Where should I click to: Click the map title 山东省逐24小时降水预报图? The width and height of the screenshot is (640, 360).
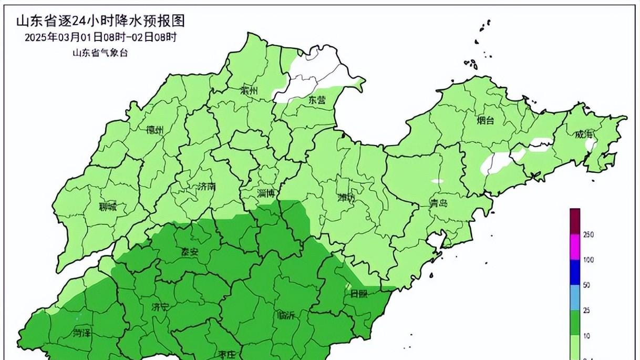click(101, 22)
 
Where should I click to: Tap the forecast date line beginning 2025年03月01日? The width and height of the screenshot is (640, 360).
click(100, 37)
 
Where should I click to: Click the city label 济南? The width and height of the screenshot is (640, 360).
click(207, 187)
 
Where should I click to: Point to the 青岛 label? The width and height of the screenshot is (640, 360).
click(438, 203)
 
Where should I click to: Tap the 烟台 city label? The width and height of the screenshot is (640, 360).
click(485, 120)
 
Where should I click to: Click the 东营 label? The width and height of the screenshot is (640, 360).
click(317, 99)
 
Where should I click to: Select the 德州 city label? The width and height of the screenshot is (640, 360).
click(156, 130)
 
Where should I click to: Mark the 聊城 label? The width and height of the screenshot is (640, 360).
click(108, 207)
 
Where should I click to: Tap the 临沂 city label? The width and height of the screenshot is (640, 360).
click(286, 315)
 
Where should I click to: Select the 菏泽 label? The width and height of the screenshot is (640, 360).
click(82, 332)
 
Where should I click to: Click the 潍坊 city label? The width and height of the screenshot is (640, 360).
click(347, 198)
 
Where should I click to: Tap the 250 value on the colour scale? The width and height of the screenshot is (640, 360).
click(589, 235)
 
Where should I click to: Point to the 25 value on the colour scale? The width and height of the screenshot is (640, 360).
click(587, 311)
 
